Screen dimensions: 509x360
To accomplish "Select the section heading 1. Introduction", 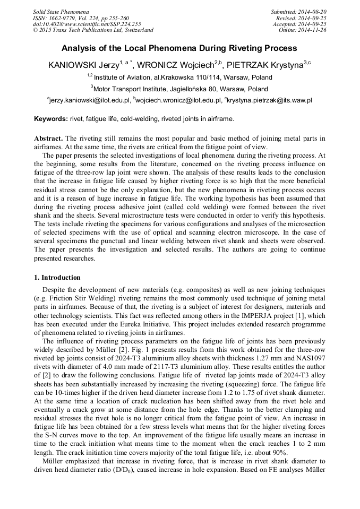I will [57, 278].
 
